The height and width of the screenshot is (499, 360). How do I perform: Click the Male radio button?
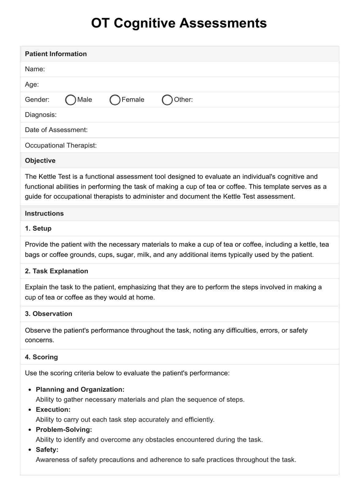pos(71,100)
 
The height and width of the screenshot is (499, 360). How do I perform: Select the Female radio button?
pos(115,100)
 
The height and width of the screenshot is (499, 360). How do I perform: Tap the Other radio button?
pos(167,100)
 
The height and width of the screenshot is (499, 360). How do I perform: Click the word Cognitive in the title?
pos(145,23)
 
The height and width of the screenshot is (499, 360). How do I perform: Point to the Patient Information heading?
pos(56,54)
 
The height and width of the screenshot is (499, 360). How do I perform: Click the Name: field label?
pos(35,69)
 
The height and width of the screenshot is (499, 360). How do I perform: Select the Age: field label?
pos(32,84)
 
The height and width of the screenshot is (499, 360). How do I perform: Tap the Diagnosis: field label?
pos(41,115)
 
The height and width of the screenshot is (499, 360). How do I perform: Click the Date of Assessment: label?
pos(56,130)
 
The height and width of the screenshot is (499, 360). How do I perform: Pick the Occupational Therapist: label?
pos(61,145)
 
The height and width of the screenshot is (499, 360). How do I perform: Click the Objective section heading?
pos(40,161)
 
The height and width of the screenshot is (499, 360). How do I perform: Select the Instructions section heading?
pos(44,213)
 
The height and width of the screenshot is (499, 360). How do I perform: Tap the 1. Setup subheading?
pos(38,228)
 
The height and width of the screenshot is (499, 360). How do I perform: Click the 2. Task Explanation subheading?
pos(56,271)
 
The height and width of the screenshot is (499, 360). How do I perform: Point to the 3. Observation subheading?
pos(48,314)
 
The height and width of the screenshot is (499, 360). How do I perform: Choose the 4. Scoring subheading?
pos(41,357)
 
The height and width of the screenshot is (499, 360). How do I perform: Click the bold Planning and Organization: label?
pos(80,389)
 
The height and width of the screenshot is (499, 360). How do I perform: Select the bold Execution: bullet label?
pos(53,410)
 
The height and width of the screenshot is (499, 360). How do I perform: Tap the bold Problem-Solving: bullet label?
pos(64,430)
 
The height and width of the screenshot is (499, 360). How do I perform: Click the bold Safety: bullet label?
pos(47,450)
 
